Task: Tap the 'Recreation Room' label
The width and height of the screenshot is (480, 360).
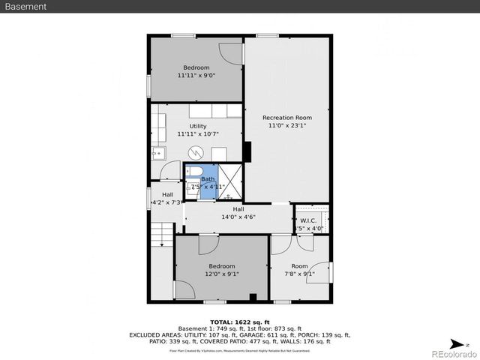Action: (286, 118)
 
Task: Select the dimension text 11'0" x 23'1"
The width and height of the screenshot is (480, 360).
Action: (286, 127)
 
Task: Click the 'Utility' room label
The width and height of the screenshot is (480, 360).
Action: (197, 126)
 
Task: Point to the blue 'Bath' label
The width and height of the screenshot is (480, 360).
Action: (207, 179)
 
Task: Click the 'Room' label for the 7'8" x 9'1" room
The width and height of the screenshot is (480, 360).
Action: (299, 265)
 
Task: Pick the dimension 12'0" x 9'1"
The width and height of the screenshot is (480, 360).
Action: (221, 274)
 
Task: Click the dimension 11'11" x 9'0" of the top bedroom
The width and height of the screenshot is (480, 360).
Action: (196, 76)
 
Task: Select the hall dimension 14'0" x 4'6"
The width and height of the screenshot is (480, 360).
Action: (238, 217)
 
